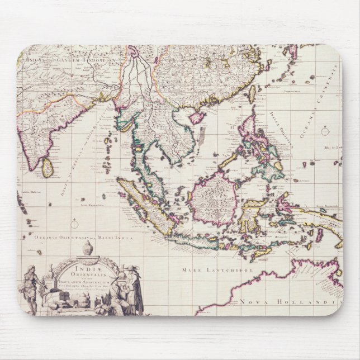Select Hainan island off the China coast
197,118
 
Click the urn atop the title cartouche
88,248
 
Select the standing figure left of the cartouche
31,288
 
